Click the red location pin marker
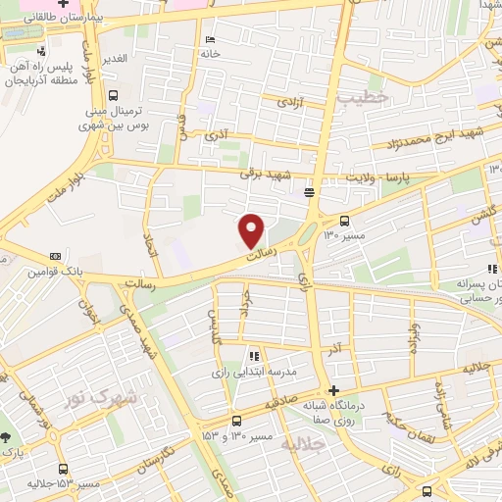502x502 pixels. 252,230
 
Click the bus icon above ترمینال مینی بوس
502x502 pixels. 114,96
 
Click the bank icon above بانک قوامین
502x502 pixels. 53,256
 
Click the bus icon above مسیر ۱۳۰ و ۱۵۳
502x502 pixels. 234,419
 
